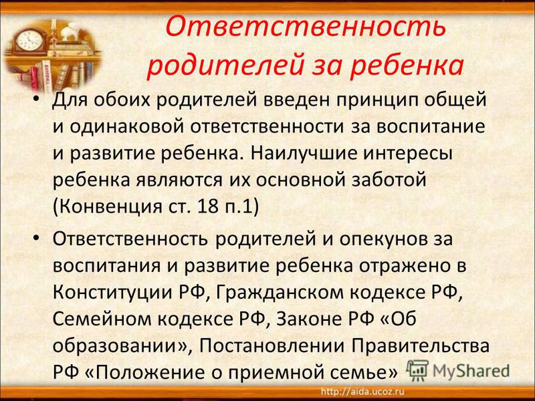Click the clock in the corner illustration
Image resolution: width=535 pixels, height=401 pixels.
click(29, 40)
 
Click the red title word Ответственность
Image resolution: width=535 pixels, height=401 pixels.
click(305, 26)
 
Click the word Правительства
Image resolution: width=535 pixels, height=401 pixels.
click(421, 347)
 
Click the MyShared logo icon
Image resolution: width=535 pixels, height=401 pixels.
click(417, 370)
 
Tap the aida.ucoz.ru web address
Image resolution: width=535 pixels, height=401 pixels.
click(362, 391)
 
